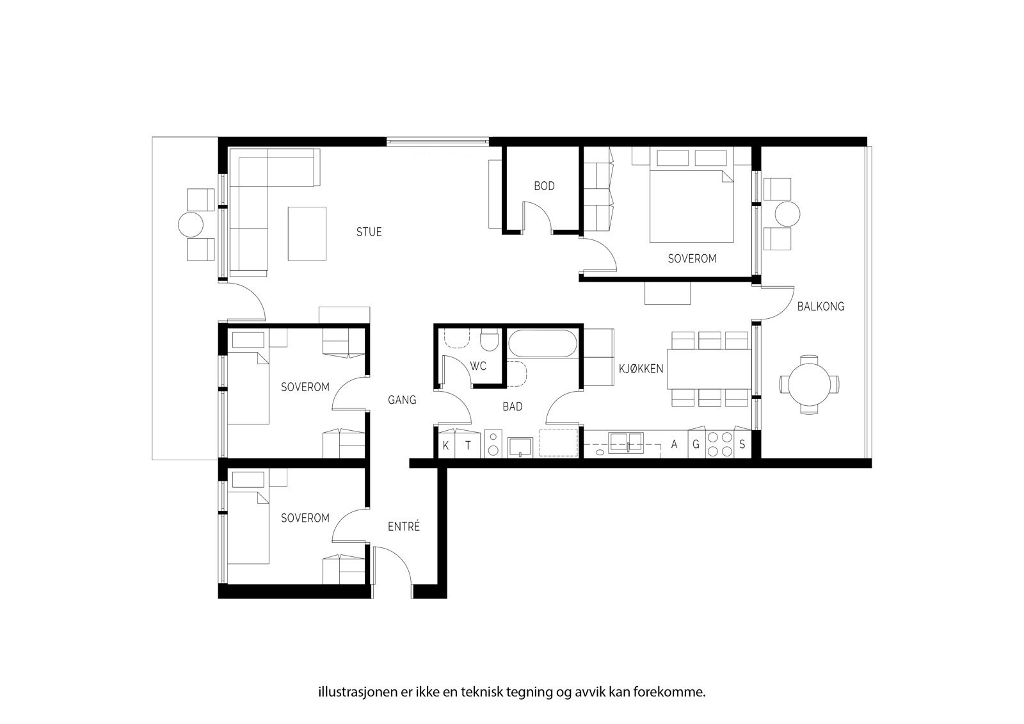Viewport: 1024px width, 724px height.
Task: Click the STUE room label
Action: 369,232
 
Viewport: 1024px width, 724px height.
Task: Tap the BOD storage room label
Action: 544,186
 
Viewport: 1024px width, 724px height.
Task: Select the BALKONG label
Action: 820,307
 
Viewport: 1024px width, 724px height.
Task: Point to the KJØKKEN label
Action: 641,369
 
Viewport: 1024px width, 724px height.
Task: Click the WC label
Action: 477,366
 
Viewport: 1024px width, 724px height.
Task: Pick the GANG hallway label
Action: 402,400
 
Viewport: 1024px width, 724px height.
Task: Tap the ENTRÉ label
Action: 404,526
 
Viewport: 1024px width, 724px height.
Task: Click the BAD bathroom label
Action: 513,406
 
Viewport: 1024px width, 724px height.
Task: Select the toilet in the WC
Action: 490,340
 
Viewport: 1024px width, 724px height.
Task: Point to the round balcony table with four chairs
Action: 809,385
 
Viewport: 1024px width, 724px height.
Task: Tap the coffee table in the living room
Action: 307,234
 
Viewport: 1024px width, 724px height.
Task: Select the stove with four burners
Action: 719,444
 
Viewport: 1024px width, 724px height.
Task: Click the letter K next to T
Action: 445,446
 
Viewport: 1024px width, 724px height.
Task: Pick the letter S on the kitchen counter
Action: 742,444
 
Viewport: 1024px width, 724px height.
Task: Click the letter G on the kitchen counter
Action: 696,444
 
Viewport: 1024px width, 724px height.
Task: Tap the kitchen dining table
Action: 710,369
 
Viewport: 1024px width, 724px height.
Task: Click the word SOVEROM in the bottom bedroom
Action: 305,518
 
